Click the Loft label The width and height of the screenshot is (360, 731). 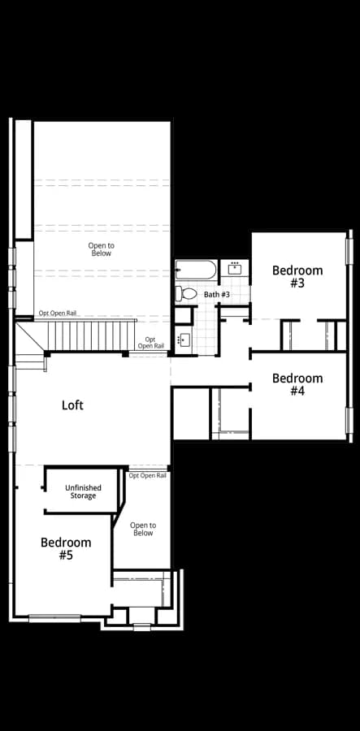[73, 404]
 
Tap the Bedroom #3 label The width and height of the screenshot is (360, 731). [297, 276]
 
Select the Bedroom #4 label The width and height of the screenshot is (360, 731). [297, 384]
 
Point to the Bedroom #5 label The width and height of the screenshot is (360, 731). [66, 548]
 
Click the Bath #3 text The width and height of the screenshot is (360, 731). [217, 295]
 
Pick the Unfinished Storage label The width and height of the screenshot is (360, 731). [83, 491]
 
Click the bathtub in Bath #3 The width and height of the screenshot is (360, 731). [196, 270]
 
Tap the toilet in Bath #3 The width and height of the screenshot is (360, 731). [186, 293]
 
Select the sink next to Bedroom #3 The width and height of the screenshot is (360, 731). [235, 269]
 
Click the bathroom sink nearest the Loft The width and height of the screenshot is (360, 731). [183, 340]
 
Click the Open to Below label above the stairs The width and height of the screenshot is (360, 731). [102, 249]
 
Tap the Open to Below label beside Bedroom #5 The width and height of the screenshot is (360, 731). [143, 529]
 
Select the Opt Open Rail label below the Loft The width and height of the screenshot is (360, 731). [147, 475]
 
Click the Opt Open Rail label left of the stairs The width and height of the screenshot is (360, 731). [58, 314]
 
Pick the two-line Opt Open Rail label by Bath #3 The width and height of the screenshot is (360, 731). [150, 343]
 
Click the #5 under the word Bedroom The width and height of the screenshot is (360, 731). [66, 555]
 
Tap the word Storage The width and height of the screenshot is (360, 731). [83, 495]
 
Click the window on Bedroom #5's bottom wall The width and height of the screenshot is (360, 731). [54, 619]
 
